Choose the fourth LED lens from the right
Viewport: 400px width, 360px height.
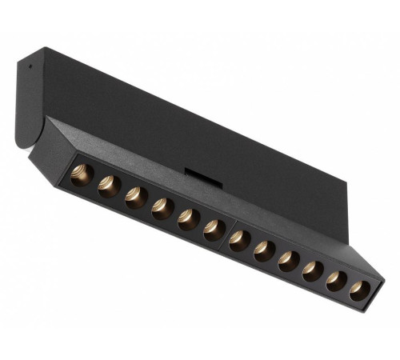[x=289, y=259]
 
